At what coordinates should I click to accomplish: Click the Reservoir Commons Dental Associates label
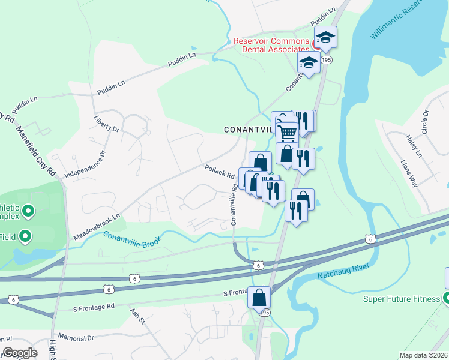pos(271,45)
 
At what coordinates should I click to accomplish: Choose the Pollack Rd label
pos(219,172)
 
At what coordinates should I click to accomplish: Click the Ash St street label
pos(138,316)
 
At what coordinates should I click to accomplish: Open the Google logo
pos(19,353)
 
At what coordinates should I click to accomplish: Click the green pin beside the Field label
pos(25,236)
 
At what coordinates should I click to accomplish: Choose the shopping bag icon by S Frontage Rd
pos(259,296)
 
